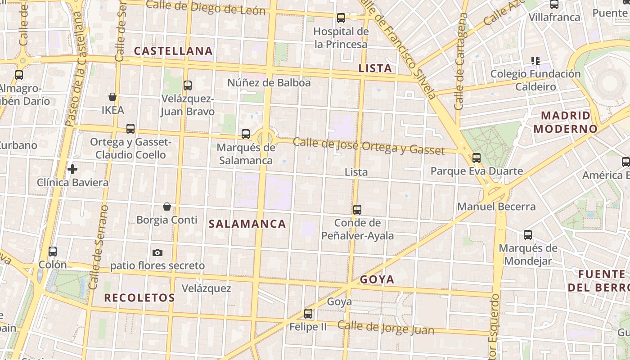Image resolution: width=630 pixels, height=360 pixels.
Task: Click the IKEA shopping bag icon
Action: click(112, 97)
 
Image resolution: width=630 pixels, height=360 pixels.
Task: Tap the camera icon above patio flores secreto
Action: click(157, 252)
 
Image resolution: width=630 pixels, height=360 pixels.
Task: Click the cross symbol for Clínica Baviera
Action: click(72, 169)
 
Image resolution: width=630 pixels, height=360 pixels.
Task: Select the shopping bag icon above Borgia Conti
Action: click(167, 207)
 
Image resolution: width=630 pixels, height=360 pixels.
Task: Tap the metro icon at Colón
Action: click(53, 252)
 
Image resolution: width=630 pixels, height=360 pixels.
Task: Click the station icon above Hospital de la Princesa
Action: click(341, 18)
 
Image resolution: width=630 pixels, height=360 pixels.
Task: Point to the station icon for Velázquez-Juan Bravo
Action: click(188, 85)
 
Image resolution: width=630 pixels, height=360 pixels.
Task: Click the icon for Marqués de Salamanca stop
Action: click(245, 134)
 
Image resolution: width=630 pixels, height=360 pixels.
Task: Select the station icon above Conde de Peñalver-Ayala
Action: click(357, 209)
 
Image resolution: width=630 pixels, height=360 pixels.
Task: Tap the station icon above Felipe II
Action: click(308, 314)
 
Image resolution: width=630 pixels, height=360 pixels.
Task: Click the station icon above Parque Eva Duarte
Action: click(477, 158)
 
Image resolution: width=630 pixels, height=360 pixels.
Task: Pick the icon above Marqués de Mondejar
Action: click(528, 235)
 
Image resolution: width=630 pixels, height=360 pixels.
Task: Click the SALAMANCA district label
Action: click(247, 224)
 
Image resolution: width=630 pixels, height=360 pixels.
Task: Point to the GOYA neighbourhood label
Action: click(377, 279)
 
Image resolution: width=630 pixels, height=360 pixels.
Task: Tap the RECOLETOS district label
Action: click(139, 297)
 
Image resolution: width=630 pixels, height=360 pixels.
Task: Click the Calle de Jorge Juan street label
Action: click(386, 328)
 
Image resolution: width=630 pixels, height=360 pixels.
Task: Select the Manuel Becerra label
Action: click(496, 207)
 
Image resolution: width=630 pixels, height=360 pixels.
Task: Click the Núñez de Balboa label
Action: click(269, 83)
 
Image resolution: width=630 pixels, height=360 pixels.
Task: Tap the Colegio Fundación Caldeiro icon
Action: click(535, 60)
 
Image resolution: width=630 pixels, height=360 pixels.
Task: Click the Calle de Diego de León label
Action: click(206, 8)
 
